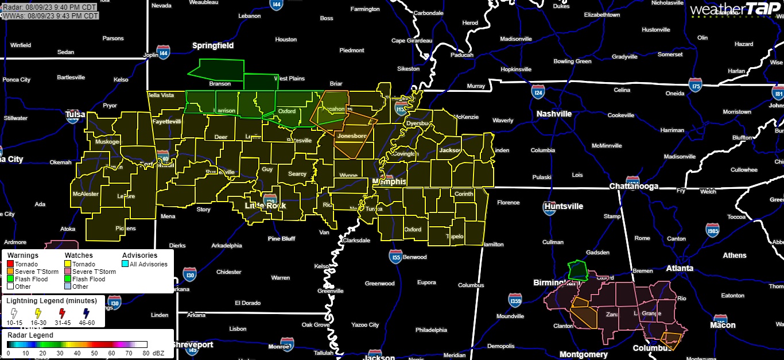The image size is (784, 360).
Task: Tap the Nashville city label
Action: (554, 114)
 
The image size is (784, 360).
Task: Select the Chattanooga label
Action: (634, 187)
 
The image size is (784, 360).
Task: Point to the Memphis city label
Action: (389, 181)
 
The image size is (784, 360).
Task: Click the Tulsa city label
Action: (75, 114)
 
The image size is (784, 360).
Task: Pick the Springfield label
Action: (212, 45)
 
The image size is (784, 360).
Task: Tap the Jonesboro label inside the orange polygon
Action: (352, 136)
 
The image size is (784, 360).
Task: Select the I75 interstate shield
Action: (696, 86)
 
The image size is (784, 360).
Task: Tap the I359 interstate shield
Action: (515, 300)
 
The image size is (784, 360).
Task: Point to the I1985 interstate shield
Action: (712, 231)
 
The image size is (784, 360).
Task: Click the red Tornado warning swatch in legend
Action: (10, 264)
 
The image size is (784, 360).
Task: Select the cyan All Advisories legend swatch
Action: (125, 264)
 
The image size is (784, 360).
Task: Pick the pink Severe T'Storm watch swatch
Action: (68, 272)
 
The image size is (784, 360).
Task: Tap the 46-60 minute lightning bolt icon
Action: (86, 313)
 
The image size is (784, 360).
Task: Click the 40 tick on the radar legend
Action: (76, 353)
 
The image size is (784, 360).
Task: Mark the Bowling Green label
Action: (572, 61)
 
